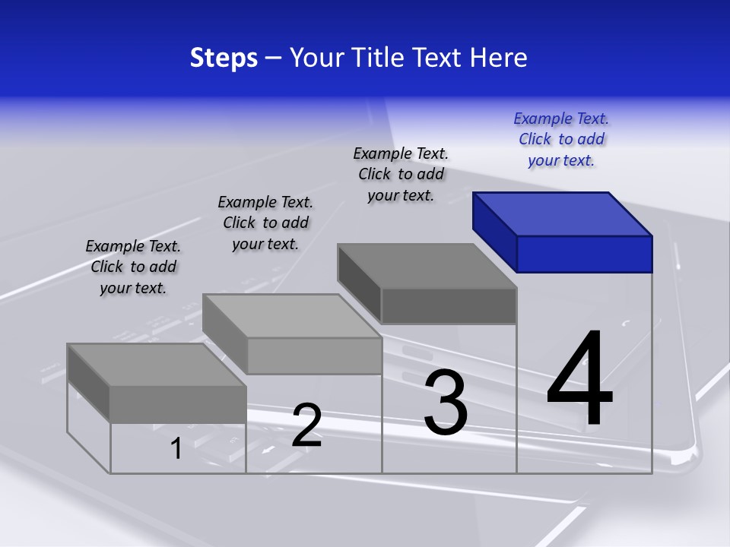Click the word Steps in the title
[x=224, y=58]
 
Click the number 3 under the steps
[x=446, y=402]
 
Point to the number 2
[x=306, y=425]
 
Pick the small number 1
[x=176, y=448]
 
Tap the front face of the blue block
[x=584, y=254]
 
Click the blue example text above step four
[x=561, y=140]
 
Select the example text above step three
[x=401, y=174]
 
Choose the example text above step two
[x=265, y=223]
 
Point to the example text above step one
[x=133, y=267]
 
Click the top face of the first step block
[x=157, y=365]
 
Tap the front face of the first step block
[x=178, y=404]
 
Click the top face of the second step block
[x=292, y=316]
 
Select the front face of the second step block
[x=314, y=356]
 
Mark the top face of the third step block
[x=427, y=266]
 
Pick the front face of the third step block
[x=449, y=305]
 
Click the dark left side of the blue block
[x=494, y=231]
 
